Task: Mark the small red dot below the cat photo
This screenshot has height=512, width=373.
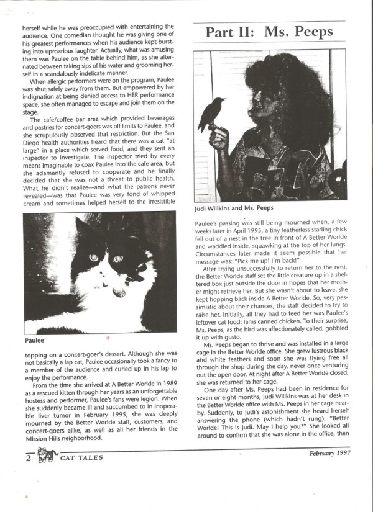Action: tap(108, 338)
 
